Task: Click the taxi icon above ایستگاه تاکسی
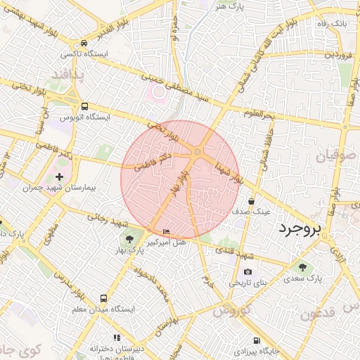84,42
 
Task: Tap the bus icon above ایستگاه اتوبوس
84,105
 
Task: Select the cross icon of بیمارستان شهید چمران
58,177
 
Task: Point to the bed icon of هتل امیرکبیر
166,231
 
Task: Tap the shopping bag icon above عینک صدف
251,201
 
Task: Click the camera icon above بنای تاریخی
247,272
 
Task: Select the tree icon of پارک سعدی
302,267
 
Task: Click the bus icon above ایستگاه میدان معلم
104,298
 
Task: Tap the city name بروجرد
299,229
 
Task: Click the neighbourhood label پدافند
67,74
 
